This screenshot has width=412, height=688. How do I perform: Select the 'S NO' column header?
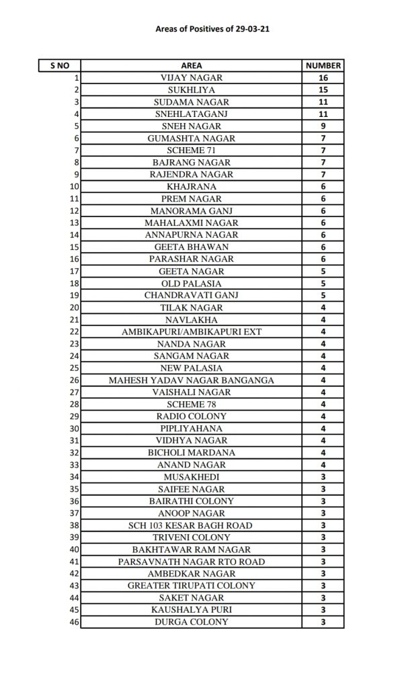click(x=59, y=66)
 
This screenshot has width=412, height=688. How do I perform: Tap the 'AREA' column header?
click(x=192, y=66)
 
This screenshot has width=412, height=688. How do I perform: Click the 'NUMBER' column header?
click(x=323, y=66)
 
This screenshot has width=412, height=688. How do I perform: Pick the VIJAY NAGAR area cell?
click(x=192, y=78)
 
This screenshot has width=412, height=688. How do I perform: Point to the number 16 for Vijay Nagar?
click(x=323, y=78)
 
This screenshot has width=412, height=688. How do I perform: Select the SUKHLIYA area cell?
click(x=192, y=90)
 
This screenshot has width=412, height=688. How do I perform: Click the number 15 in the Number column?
click(x=323, y=90)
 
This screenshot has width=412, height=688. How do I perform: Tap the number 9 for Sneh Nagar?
click(x=323, y=126)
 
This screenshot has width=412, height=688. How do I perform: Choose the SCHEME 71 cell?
click(x=192, y=150)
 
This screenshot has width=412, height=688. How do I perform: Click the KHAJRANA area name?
click(x=192, y=187)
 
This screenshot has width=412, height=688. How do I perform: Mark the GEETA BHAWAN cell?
click(x=192, y=247)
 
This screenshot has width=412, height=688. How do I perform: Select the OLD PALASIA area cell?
click(x=192, y=284)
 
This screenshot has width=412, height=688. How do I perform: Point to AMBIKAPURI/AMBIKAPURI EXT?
click(x=192, y=332)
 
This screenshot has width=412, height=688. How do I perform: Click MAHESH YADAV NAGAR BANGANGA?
click(x=192, y=380)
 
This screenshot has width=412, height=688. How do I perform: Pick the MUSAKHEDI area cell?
click(x=192, y=477)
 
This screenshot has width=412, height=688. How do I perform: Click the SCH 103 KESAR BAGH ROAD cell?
click(x=192, y=525)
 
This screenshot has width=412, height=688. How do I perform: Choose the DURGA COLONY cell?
click(x=192, y=622)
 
